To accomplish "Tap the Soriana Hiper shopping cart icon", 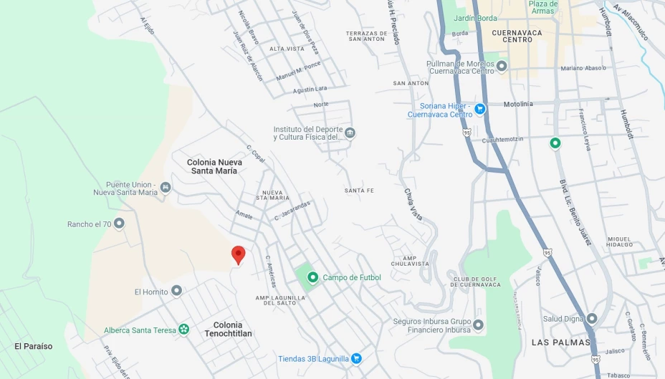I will tap(479, 109).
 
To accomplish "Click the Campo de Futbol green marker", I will tap(312, 277).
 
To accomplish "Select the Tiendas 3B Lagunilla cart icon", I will tap(356, 358).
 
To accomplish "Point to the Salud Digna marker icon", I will tap(592, 319).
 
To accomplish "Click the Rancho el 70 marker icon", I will tap(119, 224).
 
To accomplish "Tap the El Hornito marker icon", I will tap(176, 291).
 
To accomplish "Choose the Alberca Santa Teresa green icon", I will tap(184, 330).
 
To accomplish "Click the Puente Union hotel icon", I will tap(166, 187).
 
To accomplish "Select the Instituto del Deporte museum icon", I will tap(350, 133).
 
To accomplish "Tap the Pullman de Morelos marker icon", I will tap(502, 67).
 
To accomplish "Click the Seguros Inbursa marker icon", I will tap(478, 325).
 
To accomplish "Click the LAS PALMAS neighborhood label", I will tap(560, 342).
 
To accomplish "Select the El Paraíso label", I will tap(34, 346).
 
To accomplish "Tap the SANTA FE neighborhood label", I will tap(359, 191).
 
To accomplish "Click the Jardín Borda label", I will tap(476, 18).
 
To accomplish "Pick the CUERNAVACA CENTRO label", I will tap(517, 36).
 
